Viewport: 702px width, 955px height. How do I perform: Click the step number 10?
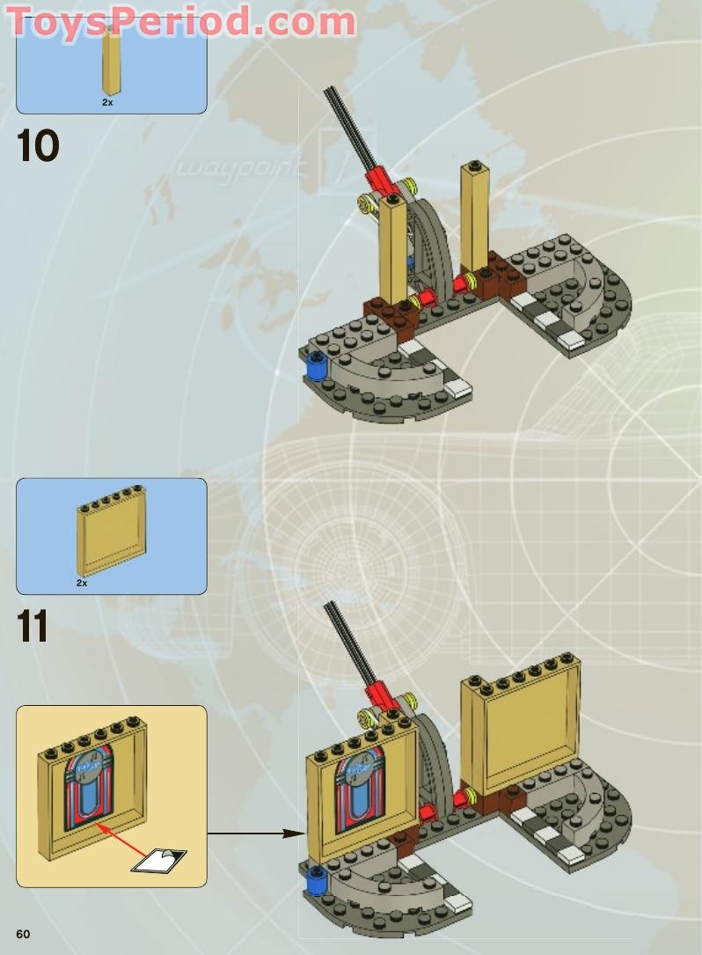(38, 145)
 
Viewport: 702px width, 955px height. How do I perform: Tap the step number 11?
(33, 626)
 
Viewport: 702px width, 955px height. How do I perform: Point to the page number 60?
(22, 934)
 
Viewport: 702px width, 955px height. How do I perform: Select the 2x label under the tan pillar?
(107, 102)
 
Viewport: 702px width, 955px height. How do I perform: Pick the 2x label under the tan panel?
(82, 583)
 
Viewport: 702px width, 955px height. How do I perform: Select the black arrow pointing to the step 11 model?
(255, 833)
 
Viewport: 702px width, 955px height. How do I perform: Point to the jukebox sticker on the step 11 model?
(360, 786)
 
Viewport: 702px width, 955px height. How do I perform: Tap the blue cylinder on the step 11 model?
(315, 879)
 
